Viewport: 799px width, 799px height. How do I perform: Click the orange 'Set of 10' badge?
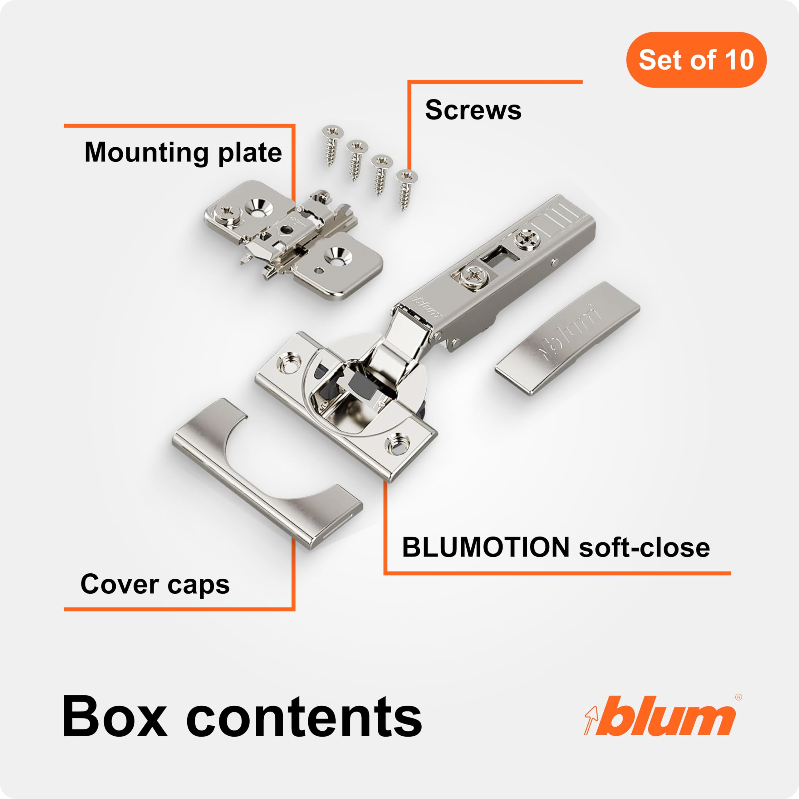(x=696, y=60)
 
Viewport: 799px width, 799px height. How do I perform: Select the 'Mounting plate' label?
(x=183, y=153)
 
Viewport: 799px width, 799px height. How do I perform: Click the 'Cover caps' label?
(x=155, y=585)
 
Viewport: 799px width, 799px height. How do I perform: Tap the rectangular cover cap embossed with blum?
(x=568, y=338)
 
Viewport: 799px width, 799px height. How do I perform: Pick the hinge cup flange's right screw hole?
(x=397, y=444)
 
